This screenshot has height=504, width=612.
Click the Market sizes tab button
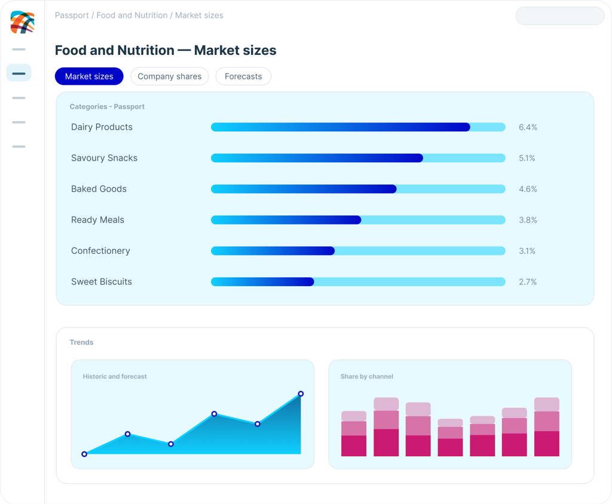pyautogui.click(x=89, y=76)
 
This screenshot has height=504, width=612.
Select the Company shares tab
pyautogui.click(x=169, y=76)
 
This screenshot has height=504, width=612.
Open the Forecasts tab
pyautogui.click(x=243, y=76)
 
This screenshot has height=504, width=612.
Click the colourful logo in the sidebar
pyautogui.click(x=22, y=22)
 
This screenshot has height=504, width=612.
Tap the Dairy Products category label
pyautogui.click(x=102, y=127)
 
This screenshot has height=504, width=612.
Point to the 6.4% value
pyautogui.click(x=528, y=127)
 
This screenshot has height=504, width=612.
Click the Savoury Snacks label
pyautogui.click(x=104, y=158)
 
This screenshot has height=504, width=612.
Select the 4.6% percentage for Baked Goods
pyautogui.click(x=528, y=189)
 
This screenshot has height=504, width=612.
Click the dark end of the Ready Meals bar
pyautogui.click(x=357, y=220)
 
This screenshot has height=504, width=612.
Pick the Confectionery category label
pyautogui.click(x=100, y=251)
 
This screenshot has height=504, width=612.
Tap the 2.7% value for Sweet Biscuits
pyautogui.click(x=528, y=282)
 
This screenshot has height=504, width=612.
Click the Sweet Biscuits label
pyautogui.click(x=102, y=282)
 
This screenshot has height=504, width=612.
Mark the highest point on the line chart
pyautogui.click(x=301, y=394)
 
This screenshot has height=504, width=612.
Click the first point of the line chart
pyautogui.click(x=84, y=454)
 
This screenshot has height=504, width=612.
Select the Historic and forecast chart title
pyautogui.click(x=115, y=376)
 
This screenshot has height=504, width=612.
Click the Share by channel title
pyautogui.click(x=366, y=376)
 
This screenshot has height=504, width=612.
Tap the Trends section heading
pyautogui.click(x=81, y=343)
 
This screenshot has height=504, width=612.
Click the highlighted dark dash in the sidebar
pyautogui.click(x=19, y=73)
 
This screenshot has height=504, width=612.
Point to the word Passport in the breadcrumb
pyautogui.click(x=72, y=15)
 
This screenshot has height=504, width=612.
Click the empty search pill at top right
pyautogui.click(x=559, y=16)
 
